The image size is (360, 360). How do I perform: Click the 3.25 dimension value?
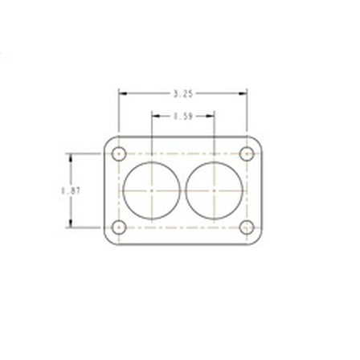(x=182, y=94)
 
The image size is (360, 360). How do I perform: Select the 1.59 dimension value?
(x=182, y=117)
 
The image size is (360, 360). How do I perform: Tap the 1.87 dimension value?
(x=69, y=190)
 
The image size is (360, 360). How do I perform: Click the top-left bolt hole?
(x=120, y=153)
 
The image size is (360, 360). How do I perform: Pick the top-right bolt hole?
(x=247, y=153)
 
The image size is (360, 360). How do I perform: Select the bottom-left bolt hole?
(x=120, y=227)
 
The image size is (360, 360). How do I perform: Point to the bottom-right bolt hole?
(x=247, y=227)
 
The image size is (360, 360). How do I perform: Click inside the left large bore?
(x=151, y=190)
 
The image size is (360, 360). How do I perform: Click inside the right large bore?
(x=214, y=190)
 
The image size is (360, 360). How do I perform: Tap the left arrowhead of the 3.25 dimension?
(x=123, y=94)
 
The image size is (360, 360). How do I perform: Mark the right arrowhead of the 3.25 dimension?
(x=243, y=94)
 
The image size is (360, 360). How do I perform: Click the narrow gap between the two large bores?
(x=182, y=190)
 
